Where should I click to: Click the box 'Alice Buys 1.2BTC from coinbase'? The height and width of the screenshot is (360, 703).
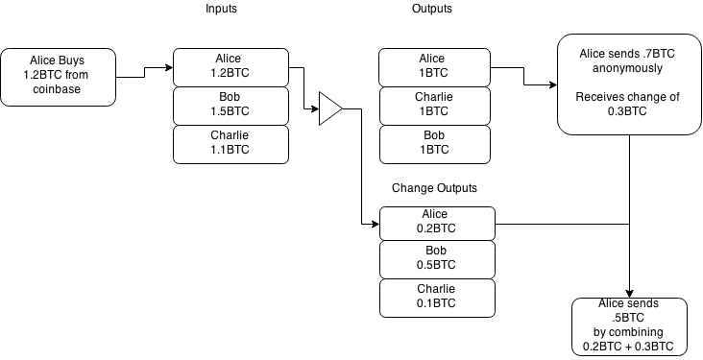[58, 78]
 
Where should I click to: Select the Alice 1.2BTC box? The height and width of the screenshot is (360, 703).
[230, 67]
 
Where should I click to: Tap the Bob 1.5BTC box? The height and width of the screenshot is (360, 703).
[230, 106]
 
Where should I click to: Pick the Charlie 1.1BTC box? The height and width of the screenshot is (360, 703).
[230, 144]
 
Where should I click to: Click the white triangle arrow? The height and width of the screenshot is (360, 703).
[329, 108]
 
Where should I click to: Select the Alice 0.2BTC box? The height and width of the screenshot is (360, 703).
[438, 223]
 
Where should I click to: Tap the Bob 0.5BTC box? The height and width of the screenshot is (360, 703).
[438, 259]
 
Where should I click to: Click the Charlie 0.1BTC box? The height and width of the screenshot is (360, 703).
[438, 298]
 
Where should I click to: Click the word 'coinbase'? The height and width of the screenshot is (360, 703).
[58, 90]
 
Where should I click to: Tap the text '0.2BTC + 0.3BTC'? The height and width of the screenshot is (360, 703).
[629, 346]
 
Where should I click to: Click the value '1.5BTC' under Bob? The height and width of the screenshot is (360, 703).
[230, 112]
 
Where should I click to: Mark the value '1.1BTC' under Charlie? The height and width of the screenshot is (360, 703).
[230, 151]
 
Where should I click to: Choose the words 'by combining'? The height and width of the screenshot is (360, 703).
[629, 332]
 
